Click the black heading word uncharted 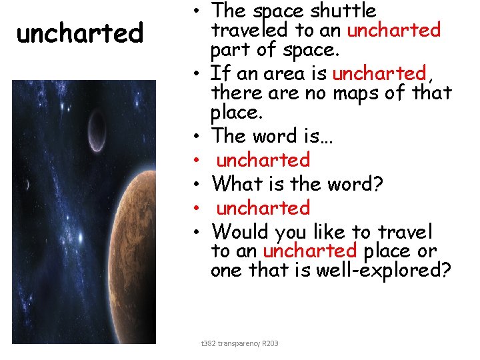[79, 33]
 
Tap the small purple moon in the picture [97, 129]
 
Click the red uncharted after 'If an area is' [379, 73]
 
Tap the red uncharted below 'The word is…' [263, 160]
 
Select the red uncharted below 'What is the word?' [263, 208]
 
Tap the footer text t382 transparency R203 [239, 343]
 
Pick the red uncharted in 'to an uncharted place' [310, 251]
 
